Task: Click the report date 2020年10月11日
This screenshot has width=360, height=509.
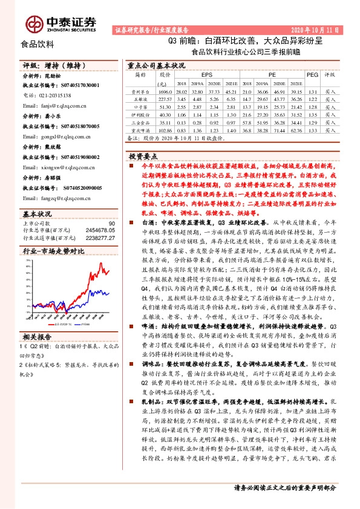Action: click(319, 29)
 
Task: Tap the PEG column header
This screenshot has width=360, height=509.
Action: click(312, 74)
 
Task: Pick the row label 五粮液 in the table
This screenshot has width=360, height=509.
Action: click(140, 99)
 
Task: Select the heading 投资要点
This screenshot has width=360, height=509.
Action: click(143, 156)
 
